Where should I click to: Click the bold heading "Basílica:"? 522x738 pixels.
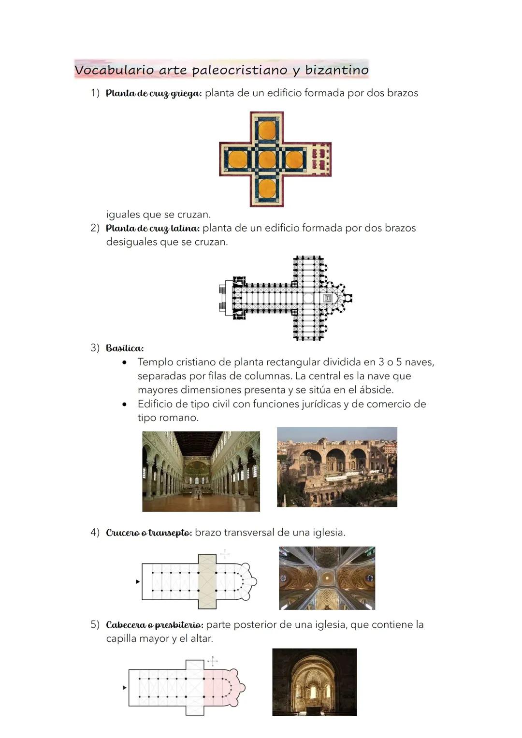pyautogui.click(x=125, y=348)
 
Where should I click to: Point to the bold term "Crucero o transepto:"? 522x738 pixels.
pyautogui.click(x=149, y=533)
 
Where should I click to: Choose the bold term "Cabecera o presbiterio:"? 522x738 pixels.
pyautogui.click(x=155, y=625)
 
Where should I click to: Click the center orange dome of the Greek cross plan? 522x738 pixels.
pyautogui.click(x=267, y=159)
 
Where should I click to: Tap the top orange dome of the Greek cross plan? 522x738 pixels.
pyautogui.click(x=267, y=130)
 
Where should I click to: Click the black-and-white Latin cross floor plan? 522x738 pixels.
pyautogui.click(x=285, y=298)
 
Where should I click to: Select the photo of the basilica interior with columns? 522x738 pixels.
pyautogui.click(x=201, y=471)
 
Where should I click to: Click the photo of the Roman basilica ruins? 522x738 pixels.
pyautogui.click(x=337, y=467)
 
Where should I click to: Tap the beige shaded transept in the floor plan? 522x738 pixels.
pyautogui.click(x=207, y=581)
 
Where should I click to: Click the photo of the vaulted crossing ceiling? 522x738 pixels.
pyautogui.click(x=327, y=578)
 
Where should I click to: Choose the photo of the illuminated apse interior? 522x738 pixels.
pyautogui.click(x=314, y=682)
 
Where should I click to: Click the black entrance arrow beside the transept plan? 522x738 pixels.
pyautogui.click(x=138, y=582)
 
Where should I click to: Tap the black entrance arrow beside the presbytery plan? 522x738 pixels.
pyautogui.click(x=125, y=687)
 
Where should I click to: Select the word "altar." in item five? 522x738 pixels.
pyautogui.click(x=201, y=639)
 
